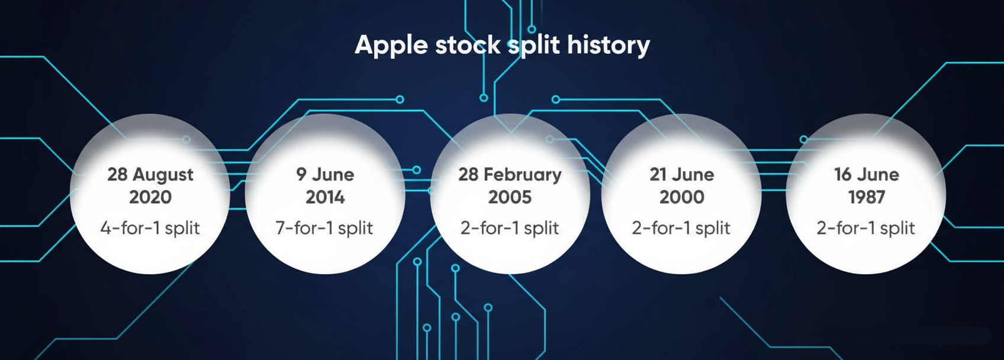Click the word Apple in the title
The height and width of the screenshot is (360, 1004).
[391, 46]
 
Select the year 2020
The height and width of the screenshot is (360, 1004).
[150, 197]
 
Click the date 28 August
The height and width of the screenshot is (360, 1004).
[150, 175]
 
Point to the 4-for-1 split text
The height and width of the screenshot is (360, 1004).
[150, 228]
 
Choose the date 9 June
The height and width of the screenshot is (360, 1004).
[326, 175]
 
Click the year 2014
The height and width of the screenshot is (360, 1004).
[326, 197]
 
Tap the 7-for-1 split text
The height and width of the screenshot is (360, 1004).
[324, 228]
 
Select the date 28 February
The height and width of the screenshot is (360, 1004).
[510, 175]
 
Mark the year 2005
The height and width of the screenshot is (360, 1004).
[510, 197]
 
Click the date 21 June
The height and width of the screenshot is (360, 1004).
[682, 175]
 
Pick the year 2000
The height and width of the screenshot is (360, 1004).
[682, 197]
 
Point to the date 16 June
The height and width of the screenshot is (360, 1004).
[867, 175]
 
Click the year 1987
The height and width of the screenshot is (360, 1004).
[867, 197]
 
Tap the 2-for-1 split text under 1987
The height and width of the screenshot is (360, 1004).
[865, 228]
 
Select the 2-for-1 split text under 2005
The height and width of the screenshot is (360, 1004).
[510, 228]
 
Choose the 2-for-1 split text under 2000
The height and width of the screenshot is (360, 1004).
[681, 228]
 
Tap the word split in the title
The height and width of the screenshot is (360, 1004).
[534, 46]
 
